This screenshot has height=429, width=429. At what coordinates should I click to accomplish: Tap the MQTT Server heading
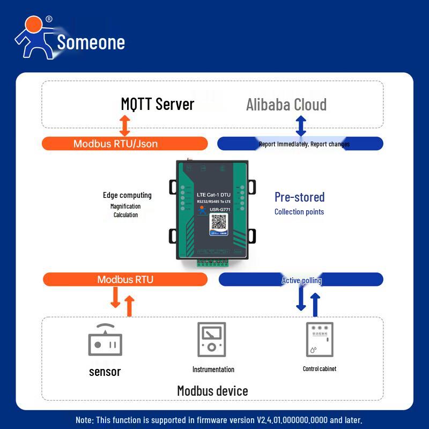click(x=157, y=103)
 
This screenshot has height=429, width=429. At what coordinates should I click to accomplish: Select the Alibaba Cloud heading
click(x=286, y=105)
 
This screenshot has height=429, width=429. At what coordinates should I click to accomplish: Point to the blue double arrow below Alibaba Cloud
click(x=301, y=125)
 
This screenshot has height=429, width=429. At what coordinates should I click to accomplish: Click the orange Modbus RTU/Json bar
click(x=124, y=144)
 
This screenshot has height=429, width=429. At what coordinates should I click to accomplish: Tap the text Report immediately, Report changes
click(x=304, y=144)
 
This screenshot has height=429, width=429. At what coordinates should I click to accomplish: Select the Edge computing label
click(x=127, y=195)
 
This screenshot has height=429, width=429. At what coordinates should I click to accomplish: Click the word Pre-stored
click(x=299, y=197)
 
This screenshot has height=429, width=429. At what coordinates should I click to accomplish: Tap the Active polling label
click(x=301, y=280)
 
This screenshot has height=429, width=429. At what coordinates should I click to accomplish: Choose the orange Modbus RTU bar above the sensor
click(x=125, y=279)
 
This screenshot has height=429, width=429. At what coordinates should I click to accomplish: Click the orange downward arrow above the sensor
click(x=115, y=298)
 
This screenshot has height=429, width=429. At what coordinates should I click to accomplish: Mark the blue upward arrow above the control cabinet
click(x=315, y=304)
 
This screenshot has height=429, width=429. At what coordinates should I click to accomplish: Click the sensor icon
click(x=105, y=341)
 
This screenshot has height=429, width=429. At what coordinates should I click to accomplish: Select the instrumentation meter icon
click(x=212, y=340)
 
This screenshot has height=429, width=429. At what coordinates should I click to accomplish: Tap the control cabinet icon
click(x=319, y=339)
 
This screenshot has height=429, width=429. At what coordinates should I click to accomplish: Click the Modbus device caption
click(x=212, y=390)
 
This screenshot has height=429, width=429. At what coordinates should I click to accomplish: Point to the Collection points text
click(x=299, y=212)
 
